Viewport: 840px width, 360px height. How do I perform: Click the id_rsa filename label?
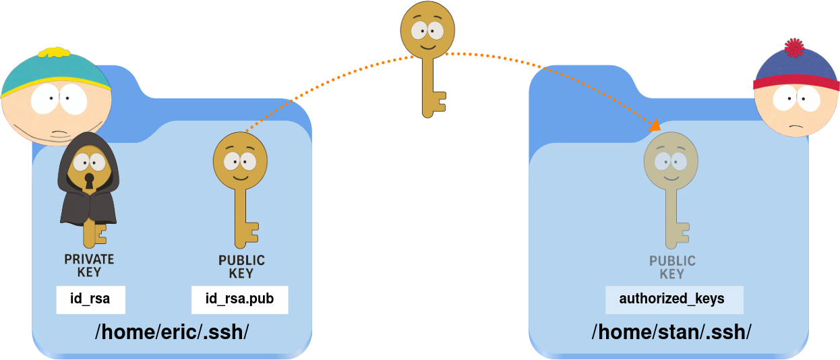coord(90,299)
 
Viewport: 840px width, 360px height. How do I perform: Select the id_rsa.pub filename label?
coord(239,299)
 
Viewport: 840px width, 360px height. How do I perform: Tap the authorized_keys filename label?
coord(671,299)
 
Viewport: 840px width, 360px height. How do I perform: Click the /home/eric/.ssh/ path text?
coord(172,332)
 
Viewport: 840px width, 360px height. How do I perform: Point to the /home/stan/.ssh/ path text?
coord(671,332)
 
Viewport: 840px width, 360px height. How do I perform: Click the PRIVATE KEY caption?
coord(89,266)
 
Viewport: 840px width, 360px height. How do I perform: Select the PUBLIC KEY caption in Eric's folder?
coord(241,267)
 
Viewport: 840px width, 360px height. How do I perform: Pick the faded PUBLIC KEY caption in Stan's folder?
coord(672,267)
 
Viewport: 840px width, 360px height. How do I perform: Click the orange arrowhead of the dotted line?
coord(655,125)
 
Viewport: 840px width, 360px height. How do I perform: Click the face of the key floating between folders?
coord(427,31)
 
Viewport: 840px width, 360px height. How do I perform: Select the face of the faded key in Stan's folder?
coord(671,161)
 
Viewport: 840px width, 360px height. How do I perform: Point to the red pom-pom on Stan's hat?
coord(794,49)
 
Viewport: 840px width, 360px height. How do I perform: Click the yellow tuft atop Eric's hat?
coord(55,51)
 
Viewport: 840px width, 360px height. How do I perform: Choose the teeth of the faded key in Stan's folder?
coord(683,233)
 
